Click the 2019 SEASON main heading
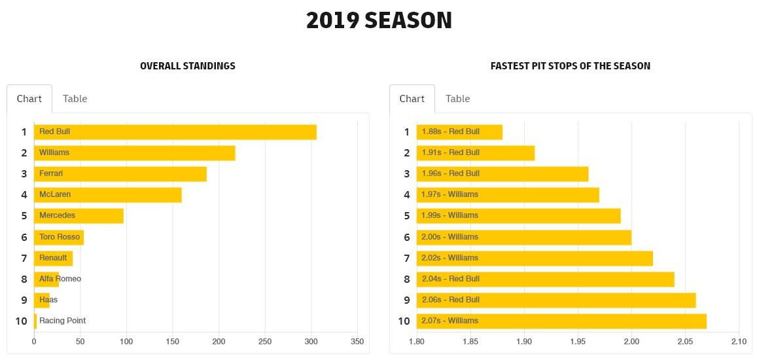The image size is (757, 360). (x=379, y=21)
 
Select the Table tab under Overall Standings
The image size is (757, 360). (x=75, y=99)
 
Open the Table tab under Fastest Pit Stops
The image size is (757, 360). (x=457, y=99)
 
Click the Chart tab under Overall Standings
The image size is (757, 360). (x=29, y=99)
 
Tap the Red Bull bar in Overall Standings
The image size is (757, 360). (x=175, y=132)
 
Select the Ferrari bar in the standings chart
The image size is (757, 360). (x=120, y=173)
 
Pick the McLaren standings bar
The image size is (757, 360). (x=107, y=194)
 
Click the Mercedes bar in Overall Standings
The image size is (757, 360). (x=79, y=215)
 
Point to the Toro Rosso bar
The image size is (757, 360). (x=59, y=237)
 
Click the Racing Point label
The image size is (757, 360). (x=62, y=321)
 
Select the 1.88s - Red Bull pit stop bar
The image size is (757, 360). (x=459, y=132)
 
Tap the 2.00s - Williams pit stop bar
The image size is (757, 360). (x=523, y=237)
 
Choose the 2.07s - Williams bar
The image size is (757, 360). (x=561, y=321)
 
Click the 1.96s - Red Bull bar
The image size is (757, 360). (x=502, y=173)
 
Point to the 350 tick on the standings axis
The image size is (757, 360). (x=357, y=341)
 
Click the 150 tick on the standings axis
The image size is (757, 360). (x=173, y=341)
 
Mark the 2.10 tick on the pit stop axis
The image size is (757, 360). (x=738, y=341)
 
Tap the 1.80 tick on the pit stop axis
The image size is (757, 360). (x=417, y=341)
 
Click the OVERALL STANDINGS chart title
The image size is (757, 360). (x=188, y=66)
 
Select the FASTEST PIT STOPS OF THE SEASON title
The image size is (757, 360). (x=570, y=66)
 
